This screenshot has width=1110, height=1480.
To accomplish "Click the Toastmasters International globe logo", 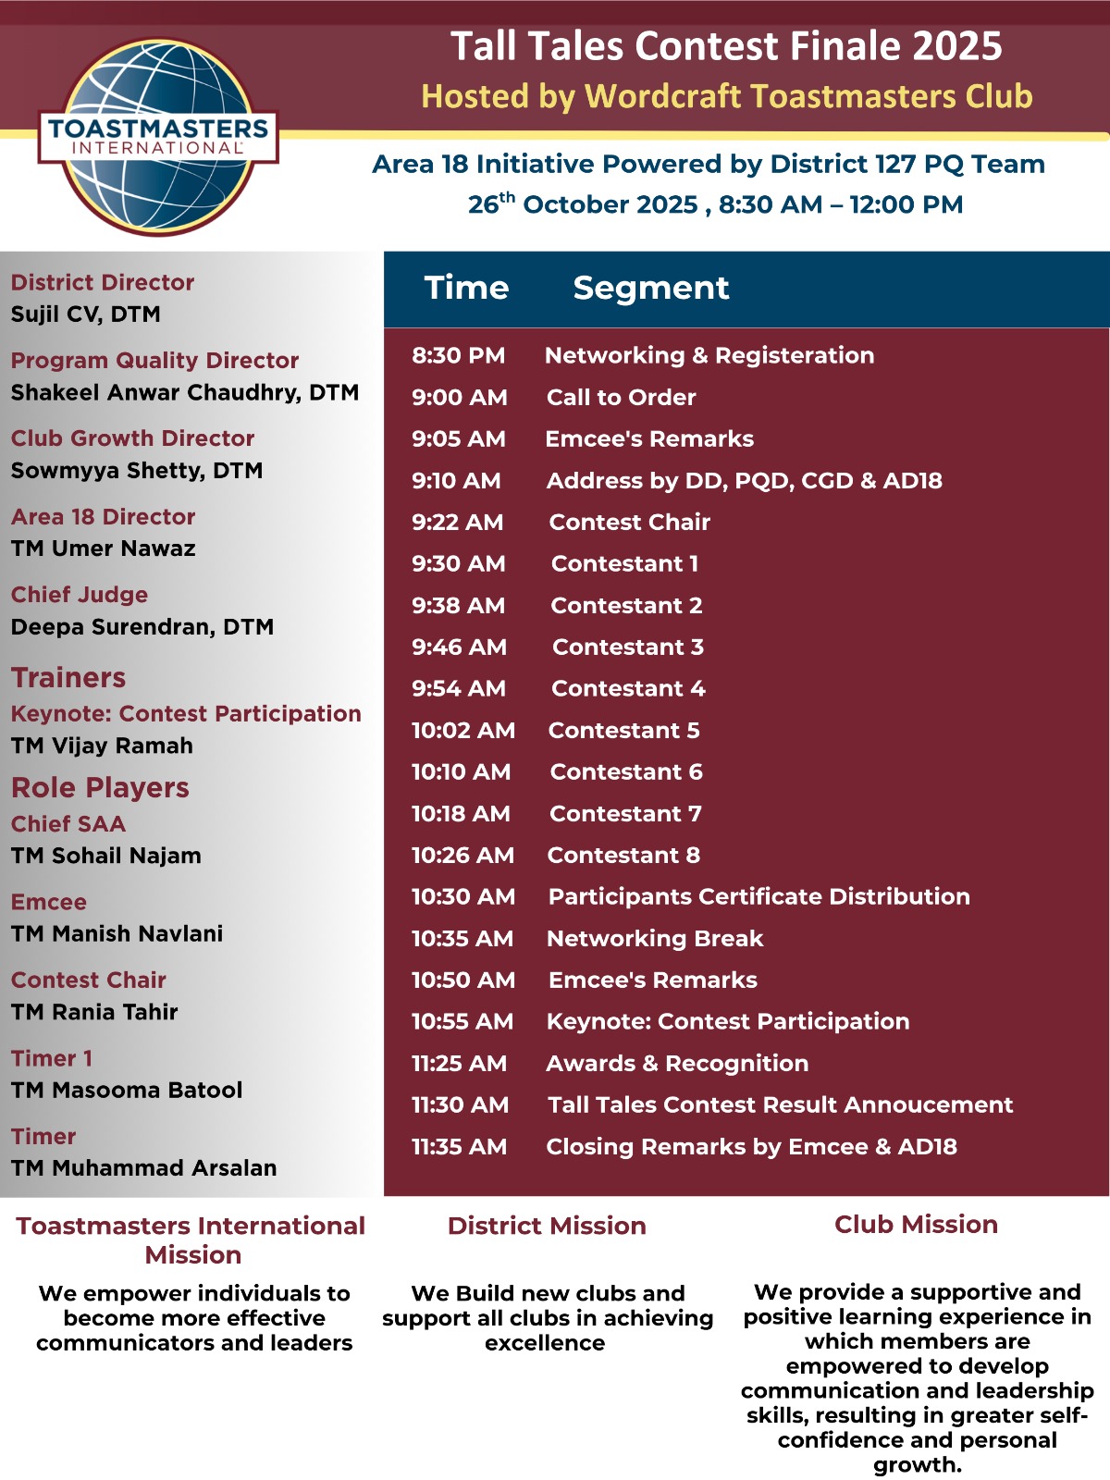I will pos(158,137).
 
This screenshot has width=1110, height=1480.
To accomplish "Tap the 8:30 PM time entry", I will pos(459,356).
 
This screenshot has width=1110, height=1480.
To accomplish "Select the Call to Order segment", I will pos(621,398).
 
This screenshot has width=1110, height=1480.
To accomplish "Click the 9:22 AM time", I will pos(458,523).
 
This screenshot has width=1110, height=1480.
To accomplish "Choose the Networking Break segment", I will pos(655,939).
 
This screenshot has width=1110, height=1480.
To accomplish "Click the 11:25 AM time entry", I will pos(459,1064).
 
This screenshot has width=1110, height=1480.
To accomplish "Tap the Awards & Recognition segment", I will pos(677,1064).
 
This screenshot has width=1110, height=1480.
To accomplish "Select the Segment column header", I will pos(651,288).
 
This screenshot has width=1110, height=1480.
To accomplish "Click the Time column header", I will pos(466,288).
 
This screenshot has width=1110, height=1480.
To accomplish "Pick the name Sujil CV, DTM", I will pos(86,314).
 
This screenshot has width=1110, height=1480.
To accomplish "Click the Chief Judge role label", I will pos(80,595).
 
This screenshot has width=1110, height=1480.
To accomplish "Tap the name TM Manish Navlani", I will pos(117,934).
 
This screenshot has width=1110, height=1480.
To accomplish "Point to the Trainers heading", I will pos(68,678).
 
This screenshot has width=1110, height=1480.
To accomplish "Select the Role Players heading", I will pos(100,788).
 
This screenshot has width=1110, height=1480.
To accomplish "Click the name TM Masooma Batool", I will pos(127,1091).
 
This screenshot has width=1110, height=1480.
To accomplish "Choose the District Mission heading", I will pos(547,1226).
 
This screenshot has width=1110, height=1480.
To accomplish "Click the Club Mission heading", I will pos(916,1225).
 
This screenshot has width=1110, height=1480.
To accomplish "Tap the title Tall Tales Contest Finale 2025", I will pos(726,46).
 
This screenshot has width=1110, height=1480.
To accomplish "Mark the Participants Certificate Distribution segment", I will pos(758,897).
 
